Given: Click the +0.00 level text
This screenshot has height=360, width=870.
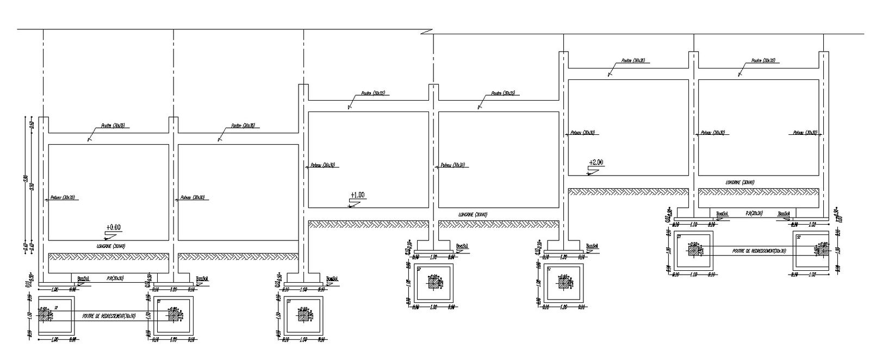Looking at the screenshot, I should (x=114, y=227).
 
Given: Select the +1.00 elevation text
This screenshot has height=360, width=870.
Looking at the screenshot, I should (x=357, y=195).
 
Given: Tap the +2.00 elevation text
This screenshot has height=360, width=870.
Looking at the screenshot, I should (x=596, y=162).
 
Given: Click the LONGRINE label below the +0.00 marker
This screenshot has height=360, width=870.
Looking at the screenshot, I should (x=111, y=246).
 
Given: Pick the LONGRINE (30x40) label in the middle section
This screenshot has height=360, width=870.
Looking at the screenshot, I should (x=473, y=214).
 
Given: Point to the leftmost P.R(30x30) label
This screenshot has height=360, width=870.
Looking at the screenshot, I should (x=115, y=278).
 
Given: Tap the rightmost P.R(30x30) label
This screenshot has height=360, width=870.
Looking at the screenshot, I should (x=754, y=214).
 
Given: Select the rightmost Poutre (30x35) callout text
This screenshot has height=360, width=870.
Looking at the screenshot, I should (x=763, y=61).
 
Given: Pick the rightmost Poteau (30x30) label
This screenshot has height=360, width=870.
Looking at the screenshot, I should (x=805, y=133).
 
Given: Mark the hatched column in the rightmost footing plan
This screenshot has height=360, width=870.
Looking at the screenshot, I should (x=821, y=251).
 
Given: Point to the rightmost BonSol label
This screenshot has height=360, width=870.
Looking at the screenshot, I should (x=784, y=214).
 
